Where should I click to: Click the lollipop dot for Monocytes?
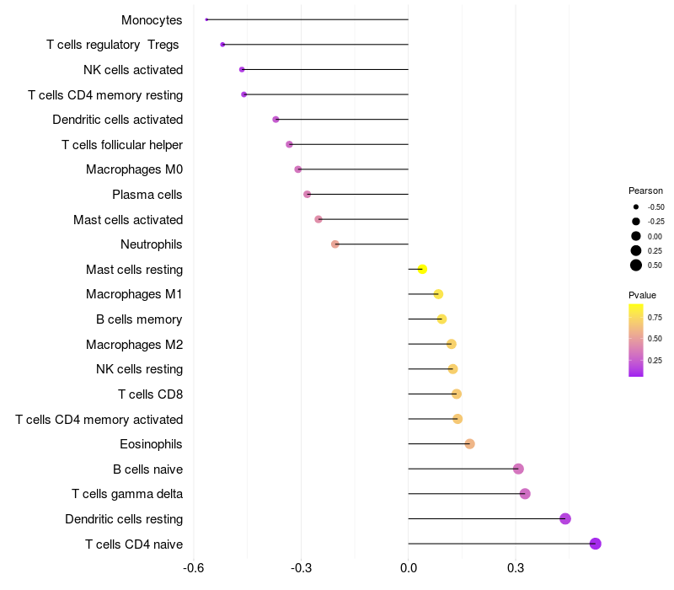[206, 19]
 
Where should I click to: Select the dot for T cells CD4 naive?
[596, 544]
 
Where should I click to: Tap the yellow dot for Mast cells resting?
[423, 269]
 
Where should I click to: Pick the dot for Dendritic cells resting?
[565, 518]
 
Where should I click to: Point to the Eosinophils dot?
[470, 444]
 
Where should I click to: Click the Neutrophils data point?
[335, 244]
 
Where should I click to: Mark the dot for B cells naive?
[518, 469]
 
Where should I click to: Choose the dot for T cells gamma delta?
[525, 494]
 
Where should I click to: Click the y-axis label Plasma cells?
[147, 195]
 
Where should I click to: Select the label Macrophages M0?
[134, 169]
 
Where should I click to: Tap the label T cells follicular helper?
[122, 145]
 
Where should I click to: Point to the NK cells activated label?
[133, 70]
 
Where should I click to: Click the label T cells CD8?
[150, 394]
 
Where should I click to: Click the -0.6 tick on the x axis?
[194, 568]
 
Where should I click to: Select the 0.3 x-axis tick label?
[516, 568]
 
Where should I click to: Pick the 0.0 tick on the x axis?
[409, 568]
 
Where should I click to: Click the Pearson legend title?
[645, 190]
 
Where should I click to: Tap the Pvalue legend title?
[642, 295]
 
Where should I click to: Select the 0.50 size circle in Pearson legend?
[636, 265]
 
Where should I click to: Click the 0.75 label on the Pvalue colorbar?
[655, 317]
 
